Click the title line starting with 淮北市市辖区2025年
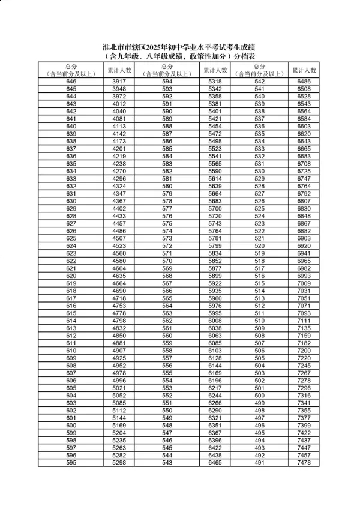pyautogui.click(x=180, y=47)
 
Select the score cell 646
pyautogui.click(x=71, y=81)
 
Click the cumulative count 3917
pyautogui.click(x=118, y=81)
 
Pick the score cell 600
pyautogui.click(x=71, y=425)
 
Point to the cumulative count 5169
pyautogui.click(x=118, y=425)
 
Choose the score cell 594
pyautogui.click(x=167, y=81)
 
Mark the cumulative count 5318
pyautogui.click(x=215, y=81)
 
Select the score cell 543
pyautogui.click(x=167, y=462)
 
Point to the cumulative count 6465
pyautogui.click(x=215, y=462)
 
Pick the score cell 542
pyautogui.click(x=259, y=81)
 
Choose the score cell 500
pyautogui.click(x=259, y=395)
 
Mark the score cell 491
pyautogui.click(x=259, y=462)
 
